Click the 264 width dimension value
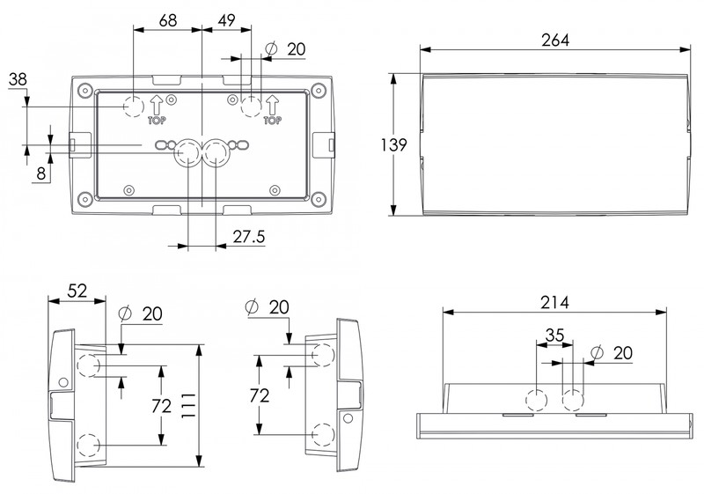click(x=556, y=40)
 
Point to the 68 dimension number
click(x=167, y=19)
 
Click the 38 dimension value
click(x=18, y=80)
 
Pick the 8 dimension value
click(x=41, y=173)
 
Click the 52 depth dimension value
click(x=76, y=291)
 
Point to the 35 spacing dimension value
click(x=554, y=335)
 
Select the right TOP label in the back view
click(x=272, y=121)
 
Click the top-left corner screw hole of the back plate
click(x=84, y=89)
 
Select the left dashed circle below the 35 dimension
click(x=536, y=399)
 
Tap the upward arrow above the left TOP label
click(x=155, y=104)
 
